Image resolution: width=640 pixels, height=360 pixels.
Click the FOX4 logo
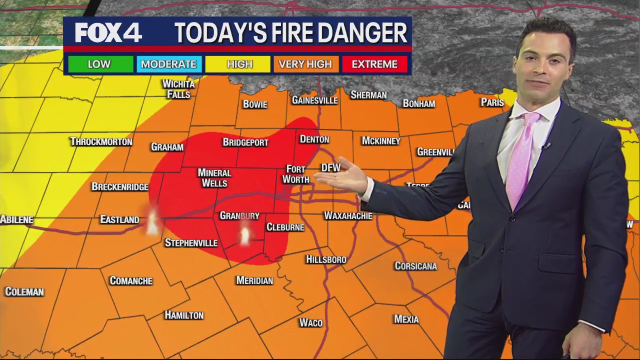tap(108, 33)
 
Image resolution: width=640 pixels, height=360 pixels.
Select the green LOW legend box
tap(99, 64)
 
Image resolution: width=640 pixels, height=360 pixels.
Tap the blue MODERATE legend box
tap(168, 64)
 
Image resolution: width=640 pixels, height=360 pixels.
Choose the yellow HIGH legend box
tap(239, 64)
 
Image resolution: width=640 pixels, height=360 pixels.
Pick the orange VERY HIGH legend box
tap(305, 64)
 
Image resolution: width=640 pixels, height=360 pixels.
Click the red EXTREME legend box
tap(374, 64)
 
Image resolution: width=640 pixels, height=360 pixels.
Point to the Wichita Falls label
tap(178, 89)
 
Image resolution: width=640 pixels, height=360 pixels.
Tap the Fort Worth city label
tap(295, 174)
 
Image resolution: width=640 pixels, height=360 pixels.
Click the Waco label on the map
tap(310, 322)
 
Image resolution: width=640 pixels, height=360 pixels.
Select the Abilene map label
tap(16, 219)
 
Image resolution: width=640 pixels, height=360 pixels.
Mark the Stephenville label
tap(191, 243)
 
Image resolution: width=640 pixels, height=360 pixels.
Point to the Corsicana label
tap(415, 266)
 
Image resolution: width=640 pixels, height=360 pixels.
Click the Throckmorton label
tap(101, 141)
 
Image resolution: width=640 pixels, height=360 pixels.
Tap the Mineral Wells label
tap(214, 177)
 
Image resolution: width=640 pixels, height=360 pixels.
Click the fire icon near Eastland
tap(152, 222)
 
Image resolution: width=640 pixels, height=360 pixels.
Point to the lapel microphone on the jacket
tap(546, 146)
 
